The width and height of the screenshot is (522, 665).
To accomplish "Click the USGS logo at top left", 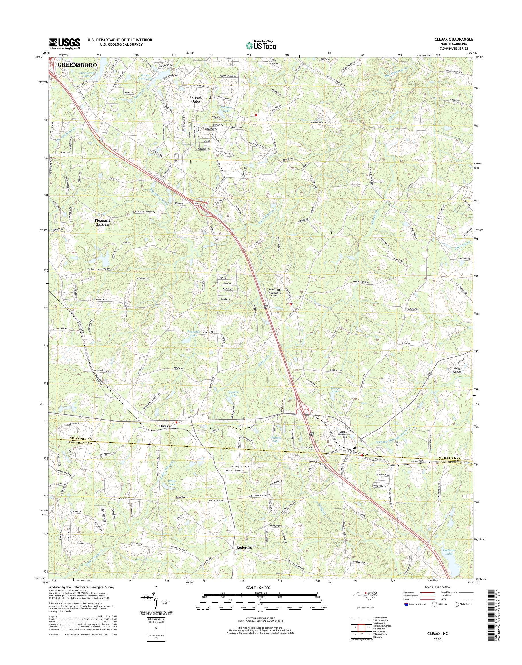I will (65, 44).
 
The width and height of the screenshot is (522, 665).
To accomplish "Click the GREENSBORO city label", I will (77, 65).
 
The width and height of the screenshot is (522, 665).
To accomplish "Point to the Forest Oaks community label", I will (196, 99).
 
